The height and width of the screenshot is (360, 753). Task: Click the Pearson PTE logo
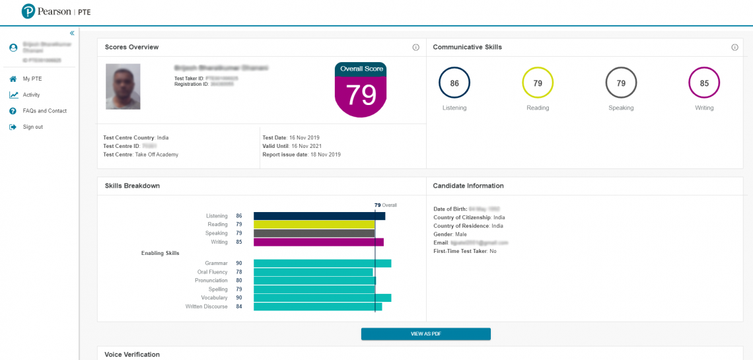coord(48,11)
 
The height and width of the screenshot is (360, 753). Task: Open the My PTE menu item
coord(32,79)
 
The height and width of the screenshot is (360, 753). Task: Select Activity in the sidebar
coord(31,94)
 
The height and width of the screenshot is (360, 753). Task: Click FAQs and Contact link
coord(44,111)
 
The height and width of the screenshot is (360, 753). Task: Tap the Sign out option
coord(32,127)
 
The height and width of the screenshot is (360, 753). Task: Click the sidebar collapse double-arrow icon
coord(72,33)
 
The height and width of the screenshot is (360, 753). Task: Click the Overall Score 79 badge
coord(361,90)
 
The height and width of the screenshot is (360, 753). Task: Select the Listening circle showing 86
coord(454,83)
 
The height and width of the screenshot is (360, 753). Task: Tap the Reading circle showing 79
coord(538,83)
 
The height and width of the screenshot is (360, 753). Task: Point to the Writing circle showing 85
coord(704,83)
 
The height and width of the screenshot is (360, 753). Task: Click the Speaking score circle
coord(621,83)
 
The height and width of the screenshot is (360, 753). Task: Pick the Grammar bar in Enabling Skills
coord(322,264)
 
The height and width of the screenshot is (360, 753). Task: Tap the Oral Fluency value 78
coord(239,272)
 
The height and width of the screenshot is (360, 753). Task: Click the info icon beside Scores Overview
coord(416,48)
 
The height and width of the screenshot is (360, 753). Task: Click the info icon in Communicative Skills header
coord(735,48)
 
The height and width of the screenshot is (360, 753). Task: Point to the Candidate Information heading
coord(468,186)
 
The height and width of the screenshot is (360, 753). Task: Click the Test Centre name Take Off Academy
coord(157,155)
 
